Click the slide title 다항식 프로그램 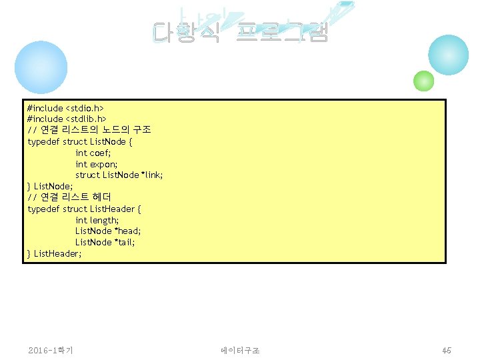point(240,32)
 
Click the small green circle point(424,81)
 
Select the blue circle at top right point(449,55)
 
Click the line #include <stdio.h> point(65,107)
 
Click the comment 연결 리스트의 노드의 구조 point(89,130)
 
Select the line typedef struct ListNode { point(80,141)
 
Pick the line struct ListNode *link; point(119,175)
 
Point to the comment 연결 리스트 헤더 point(69,197)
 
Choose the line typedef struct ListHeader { point(84,209)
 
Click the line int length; point(97,220)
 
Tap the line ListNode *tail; point(105,242)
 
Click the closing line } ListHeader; point(55,253)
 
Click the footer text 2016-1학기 point(51,350)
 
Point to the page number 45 point(446,350)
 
